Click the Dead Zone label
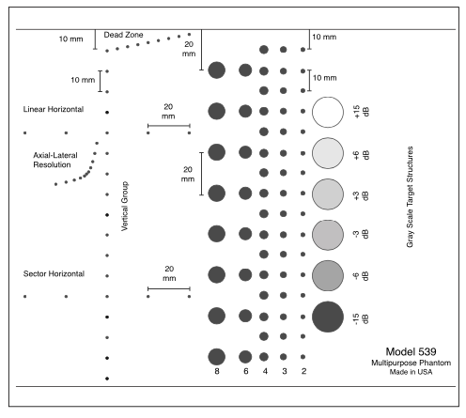123,35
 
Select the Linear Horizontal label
54,109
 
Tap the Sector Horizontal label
54,273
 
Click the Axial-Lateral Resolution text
55,160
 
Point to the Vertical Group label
125,206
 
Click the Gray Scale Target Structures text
410,196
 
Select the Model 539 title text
411,351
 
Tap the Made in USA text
411,372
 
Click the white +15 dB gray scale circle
328,112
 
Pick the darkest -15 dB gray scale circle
328,317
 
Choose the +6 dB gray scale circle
328,153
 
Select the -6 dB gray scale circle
328,275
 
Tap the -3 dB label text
361,234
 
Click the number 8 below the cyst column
217,371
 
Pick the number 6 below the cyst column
246,371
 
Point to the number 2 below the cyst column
303,371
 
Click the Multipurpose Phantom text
411,363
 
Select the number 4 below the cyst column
265,371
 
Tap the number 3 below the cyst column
284,371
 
